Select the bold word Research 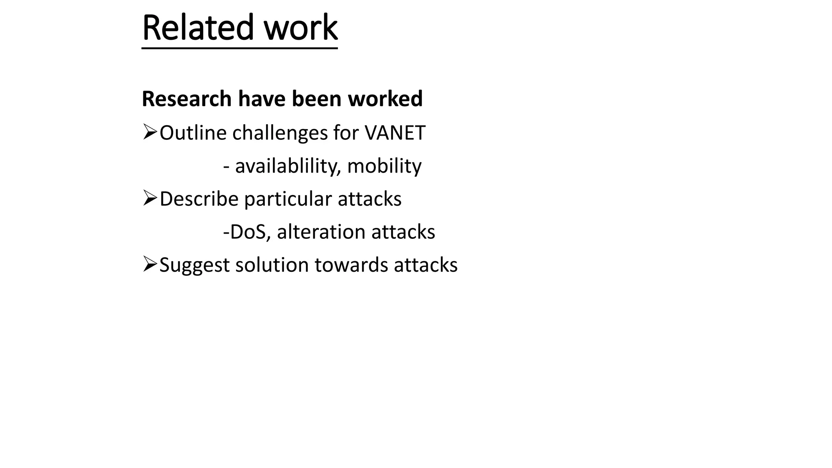point(186,99)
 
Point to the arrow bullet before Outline point(150,132)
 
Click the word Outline point(193,133)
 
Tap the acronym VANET point(395,133)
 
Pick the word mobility point(384,166)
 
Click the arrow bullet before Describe point(150,199)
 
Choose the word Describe point(199,199)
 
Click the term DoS point(248,232)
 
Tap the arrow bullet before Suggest point(150,264)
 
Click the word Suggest point(195,265)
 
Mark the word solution point(272,265)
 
